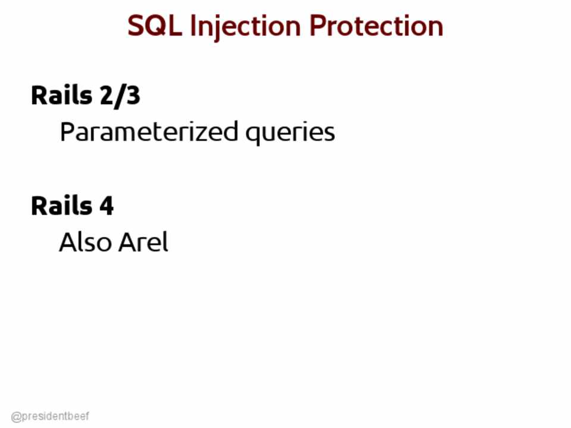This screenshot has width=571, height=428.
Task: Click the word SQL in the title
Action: [x=155, y=26]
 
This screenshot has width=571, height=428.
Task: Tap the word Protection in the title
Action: [x=376, y=26]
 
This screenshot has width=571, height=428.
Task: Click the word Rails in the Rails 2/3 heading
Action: [x=61, y=95]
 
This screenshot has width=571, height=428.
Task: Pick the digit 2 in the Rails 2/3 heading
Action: [x=106, y=96]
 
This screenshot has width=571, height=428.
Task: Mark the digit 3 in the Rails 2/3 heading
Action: [x=133, y=96]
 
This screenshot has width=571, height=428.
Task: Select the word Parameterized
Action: [x=149, y=131]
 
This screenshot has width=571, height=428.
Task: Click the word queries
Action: [x=290, y=134]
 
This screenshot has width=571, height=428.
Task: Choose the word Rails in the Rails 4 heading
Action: [x=61, y=206]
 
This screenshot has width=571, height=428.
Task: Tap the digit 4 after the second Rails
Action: [x=106, y=206]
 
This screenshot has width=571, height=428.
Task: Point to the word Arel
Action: [x=143, y=242]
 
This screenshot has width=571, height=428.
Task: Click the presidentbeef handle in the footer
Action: [x=50, y=416]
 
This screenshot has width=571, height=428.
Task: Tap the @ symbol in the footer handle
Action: [x=16, y=417]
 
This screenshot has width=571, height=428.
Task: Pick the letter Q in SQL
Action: [x=156, y=27]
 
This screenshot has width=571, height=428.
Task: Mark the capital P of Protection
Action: [x=317, y=26]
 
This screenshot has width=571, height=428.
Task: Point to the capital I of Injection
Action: [x=192, y=26]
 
